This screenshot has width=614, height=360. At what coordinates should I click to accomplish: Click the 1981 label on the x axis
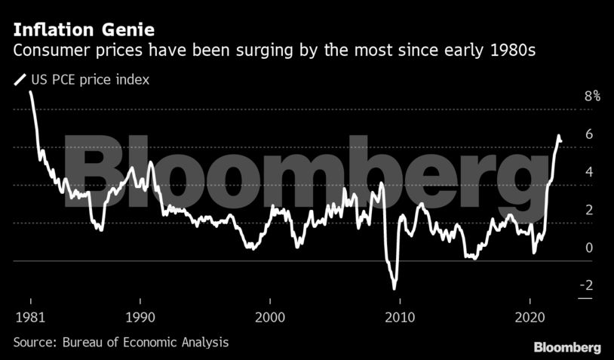pyautogui.click(x=26, y=315)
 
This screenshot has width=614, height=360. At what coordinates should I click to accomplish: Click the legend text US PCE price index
pyautogui.click(x=89, y=79)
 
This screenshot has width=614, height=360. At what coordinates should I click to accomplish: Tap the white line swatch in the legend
pyautogui.click(x=20, y=79)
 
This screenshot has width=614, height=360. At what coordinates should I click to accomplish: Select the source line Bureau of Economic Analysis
pyautogui.click(x=121, y=342)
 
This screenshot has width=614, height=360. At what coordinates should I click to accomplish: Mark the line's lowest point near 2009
pyautogui.click(x=394, y=288)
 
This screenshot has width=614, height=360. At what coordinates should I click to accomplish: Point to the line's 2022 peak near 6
pyautogui.click(x=559, y=136)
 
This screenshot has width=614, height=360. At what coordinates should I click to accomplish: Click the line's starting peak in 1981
pyautogui.click(x=30, y=92)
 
